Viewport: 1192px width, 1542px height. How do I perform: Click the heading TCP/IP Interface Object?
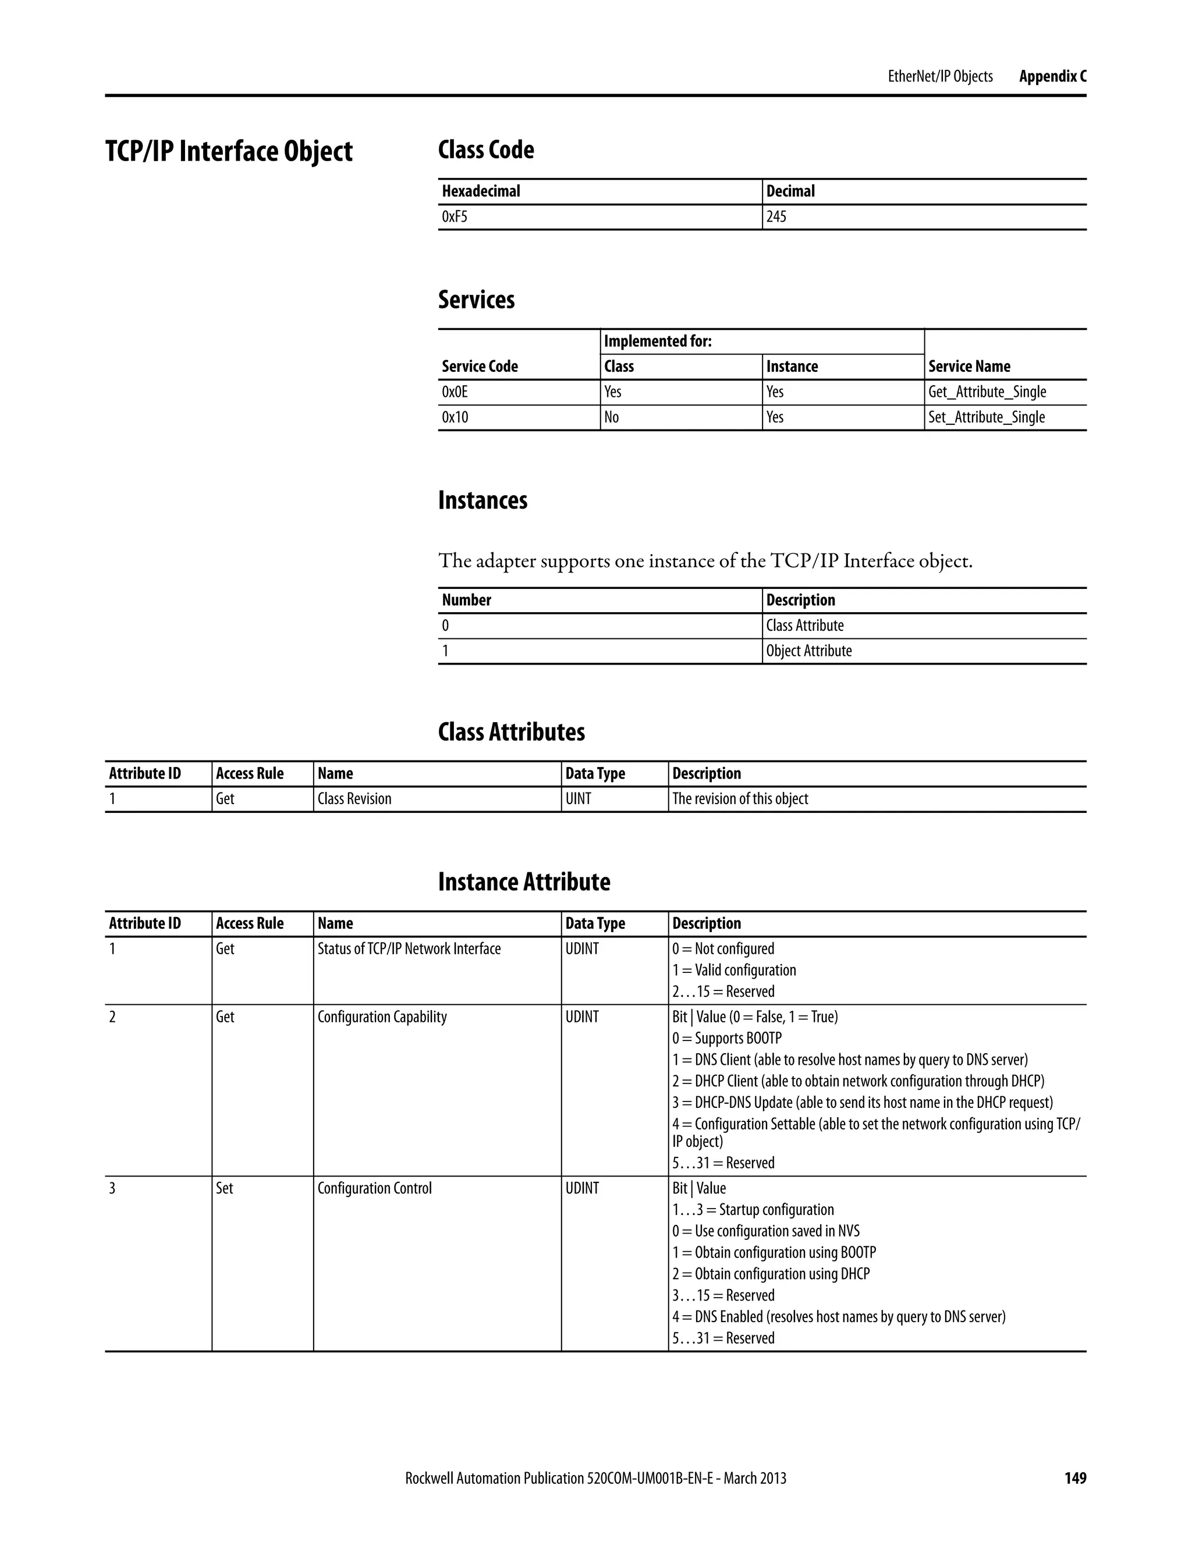229,151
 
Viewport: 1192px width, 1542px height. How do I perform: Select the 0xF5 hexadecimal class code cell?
455,217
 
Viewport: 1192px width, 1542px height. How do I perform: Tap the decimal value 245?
776,217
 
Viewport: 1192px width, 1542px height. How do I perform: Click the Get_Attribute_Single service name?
987,392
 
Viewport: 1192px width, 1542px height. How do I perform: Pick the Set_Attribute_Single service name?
986,417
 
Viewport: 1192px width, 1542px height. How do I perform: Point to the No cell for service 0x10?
612,417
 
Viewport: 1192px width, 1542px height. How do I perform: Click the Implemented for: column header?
658,342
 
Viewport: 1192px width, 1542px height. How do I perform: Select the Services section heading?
476,299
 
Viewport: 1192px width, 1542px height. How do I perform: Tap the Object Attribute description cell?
808,651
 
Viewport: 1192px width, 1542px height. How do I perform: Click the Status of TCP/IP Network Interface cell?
409,949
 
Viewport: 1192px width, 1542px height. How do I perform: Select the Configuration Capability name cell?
382,1017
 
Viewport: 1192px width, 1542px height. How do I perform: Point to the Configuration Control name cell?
374,1188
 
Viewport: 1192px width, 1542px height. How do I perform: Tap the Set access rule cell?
225,1188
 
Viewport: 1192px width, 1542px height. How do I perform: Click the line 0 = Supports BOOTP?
726,1038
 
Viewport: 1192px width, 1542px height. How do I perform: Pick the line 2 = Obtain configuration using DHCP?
771,1274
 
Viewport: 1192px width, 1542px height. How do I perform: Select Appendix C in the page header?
1052,76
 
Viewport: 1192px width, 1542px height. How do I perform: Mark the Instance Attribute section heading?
524,882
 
